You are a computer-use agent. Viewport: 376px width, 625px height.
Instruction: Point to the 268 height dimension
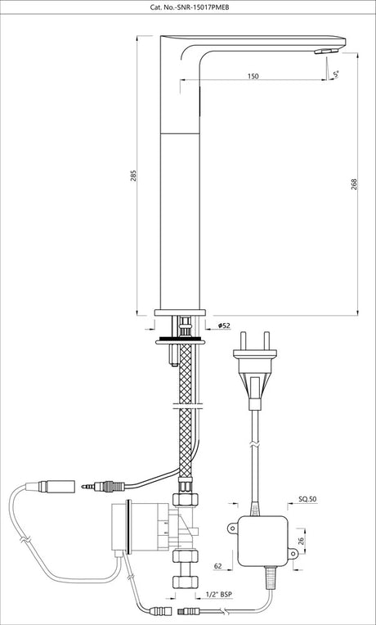(x=351, y=184)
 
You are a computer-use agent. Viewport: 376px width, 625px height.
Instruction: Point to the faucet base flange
(x=177, y=313)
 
